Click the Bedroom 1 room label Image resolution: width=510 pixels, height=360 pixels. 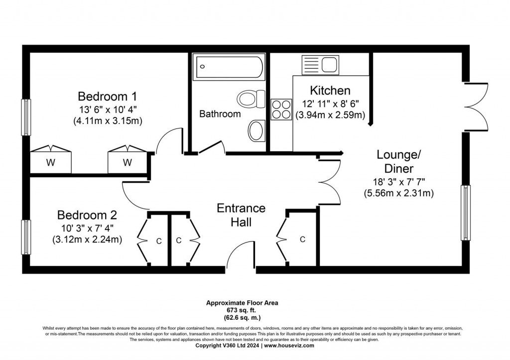pyautogui.click(x=107, y=96)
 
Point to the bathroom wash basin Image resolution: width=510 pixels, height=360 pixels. pyautogui.click(x=255, y=130)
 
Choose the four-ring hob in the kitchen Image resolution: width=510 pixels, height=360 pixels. pyautogui.click(x=281, y=109)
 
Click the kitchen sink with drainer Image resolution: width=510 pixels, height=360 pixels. pyautogui.click(x=320, y=65)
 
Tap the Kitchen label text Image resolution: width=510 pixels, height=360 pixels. pyautogui.click(x=330, y=91)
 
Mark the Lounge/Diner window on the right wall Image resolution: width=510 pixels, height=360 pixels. pyautogui.click(x=466, y=212)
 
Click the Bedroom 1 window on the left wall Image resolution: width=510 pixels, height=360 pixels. pyautogui.click(x=25, y=117)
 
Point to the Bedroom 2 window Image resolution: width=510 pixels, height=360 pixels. pyautogui.click(x=25, y=236)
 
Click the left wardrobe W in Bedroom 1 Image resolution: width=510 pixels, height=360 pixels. pyautogui.click(x=51, y=161)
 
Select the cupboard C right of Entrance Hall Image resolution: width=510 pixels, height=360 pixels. pyautogui.click(x=301, y=239)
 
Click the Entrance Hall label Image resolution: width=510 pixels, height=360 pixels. pyautogui.click(x=241, y=215)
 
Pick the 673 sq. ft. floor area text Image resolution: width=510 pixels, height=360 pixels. pyautogui.click(x=243, y=310)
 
